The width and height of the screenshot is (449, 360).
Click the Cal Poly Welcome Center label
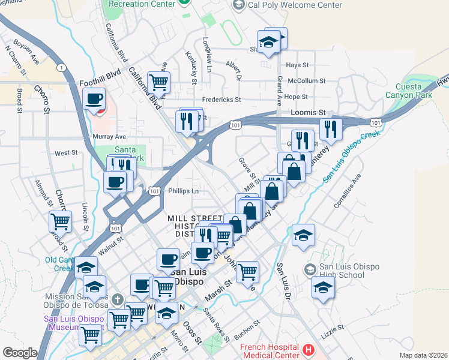tap(295, 5)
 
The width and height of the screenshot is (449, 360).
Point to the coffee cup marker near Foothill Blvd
tap(94, 99)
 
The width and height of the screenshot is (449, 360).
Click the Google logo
tap(20, 353)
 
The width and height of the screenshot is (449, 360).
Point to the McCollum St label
tap(306, 80)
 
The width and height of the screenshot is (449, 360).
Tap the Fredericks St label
tap(221, 100)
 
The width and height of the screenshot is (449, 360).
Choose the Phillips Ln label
tap(183, 191)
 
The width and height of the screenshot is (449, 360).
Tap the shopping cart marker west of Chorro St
tap(61, 222)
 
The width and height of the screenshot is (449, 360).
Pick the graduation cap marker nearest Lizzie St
tap(323, 287)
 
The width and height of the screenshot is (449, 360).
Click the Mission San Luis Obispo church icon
tap(117, 299)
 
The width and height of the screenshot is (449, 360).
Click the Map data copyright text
tap(423, 355)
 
